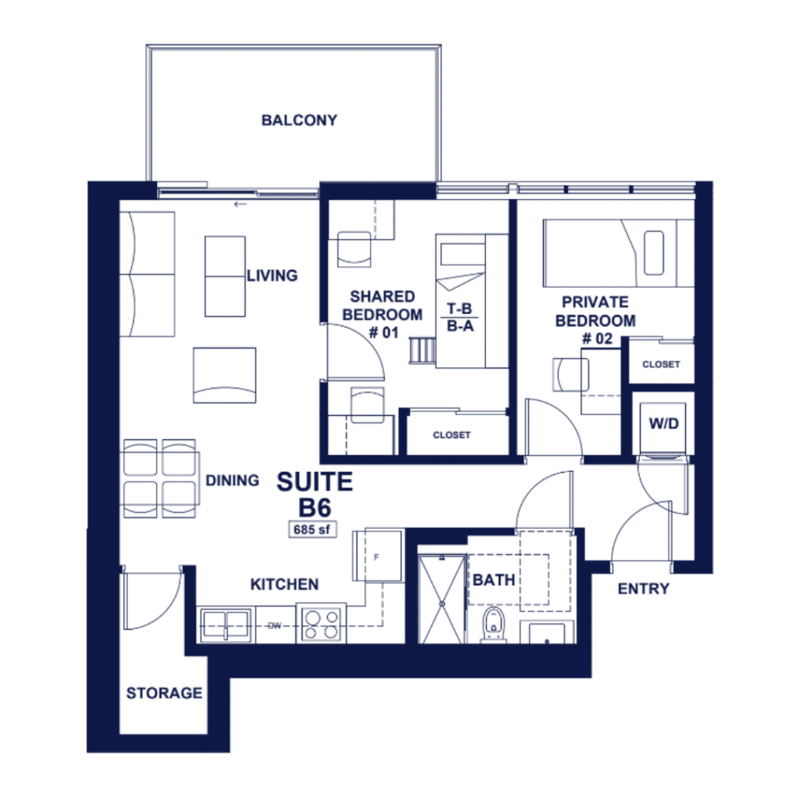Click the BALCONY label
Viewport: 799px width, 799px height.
click(299, 120)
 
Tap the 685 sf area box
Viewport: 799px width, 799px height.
click(312, 530)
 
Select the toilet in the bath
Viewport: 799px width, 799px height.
click(492, 625)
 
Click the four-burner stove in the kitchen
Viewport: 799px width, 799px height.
click(321, 625)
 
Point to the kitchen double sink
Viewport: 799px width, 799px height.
click(225, 625)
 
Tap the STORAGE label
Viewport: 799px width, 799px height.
click(164, 693)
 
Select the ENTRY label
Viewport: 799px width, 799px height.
click(644, 589)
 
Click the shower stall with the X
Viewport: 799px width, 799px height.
click(442, 599)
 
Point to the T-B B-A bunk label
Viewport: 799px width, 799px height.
click(460, 317)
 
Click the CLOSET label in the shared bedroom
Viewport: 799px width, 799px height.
click(452, 435)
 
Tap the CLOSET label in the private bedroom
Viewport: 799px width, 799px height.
click(661, 364)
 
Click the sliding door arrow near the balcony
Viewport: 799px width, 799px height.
click(240, 204)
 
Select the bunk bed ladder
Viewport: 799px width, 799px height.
click(422, 350)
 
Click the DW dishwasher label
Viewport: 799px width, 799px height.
click(274, 626)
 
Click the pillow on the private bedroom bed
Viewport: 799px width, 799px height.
click(654, 253)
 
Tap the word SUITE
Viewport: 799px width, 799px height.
click(314, 482)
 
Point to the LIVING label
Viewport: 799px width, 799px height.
click(272, 275)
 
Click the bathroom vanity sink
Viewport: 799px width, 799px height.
click(547, 632)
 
